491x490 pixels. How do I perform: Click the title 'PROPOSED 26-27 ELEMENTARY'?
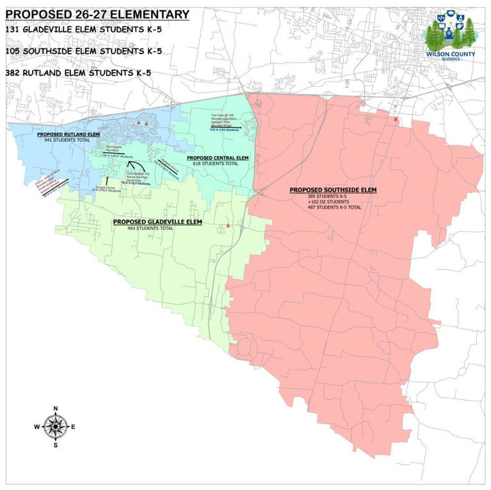tap(97, 15)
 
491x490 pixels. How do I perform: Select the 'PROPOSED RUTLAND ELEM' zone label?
tap(68, 134)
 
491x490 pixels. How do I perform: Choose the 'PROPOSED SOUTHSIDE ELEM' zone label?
tap(332, 190)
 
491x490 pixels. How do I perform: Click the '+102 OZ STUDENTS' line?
tap(328, 202)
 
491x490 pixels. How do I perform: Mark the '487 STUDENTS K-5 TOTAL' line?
tap(334, 208)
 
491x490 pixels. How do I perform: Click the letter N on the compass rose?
tap(56, 409)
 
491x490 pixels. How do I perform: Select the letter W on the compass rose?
tap(37, 427)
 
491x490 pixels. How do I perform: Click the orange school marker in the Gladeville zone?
tap(228, 226)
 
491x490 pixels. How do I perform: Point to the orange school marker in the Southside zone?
tap(396, 119)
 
